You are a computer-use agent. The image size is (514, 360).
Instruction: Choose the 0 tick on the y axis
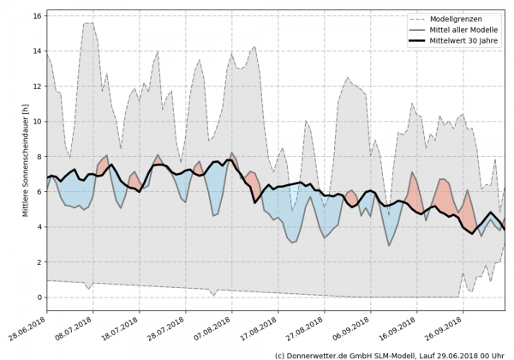coord(39,297)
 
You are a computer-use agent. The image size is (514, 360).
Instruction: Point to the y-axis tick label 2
coord(39,262)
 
